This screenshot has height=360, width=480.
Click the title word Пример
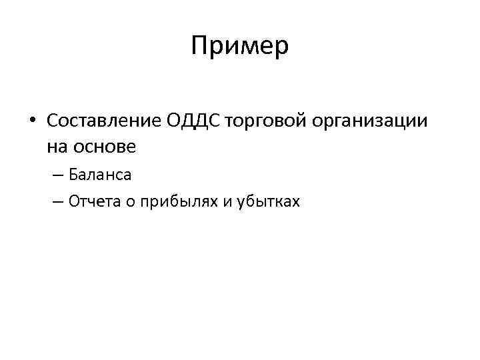(x=240, y=46)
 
